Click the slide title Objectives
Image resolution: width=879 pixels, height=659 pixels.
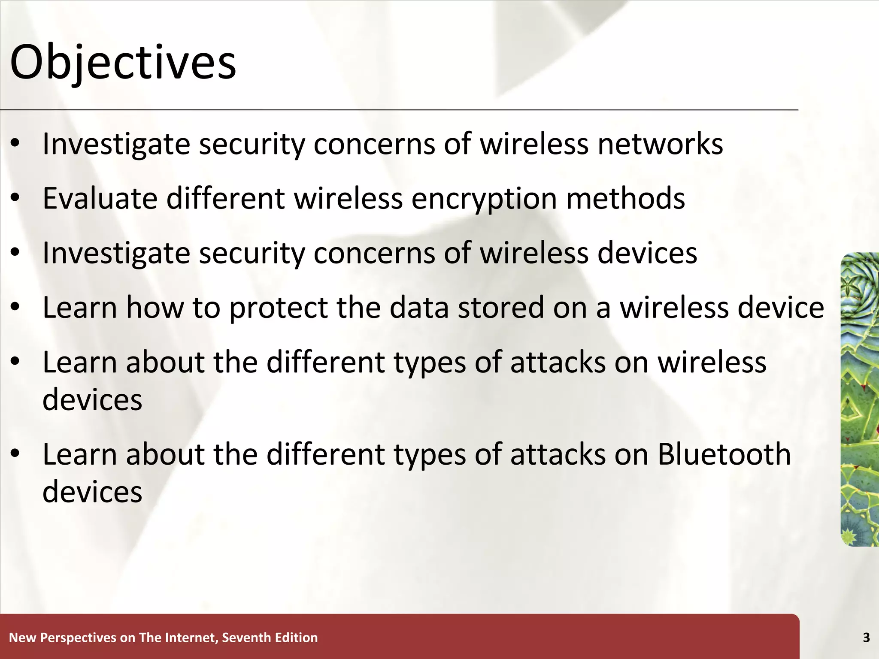click(x=123, y=63)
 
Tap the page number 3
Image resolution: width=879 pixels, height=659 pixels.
click(x=866, y=638)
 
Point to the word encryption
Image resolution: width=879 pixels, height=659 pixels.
click(x=484, y=200)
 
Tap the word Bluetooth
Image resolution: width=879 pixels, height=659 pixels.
click(x=724, y=454)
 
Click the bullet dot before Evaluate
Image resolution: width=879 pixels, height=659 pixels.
click(x=15, y=199)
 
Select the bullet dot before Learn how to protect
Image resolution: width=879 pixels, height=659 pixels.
click(x=15, y=308)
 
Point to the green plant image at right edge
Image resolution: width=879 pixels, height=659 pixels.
click(x=860, y=399)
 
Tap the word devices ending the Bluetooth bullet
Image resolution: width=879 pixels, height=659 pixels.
click(x=92, y=492)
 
